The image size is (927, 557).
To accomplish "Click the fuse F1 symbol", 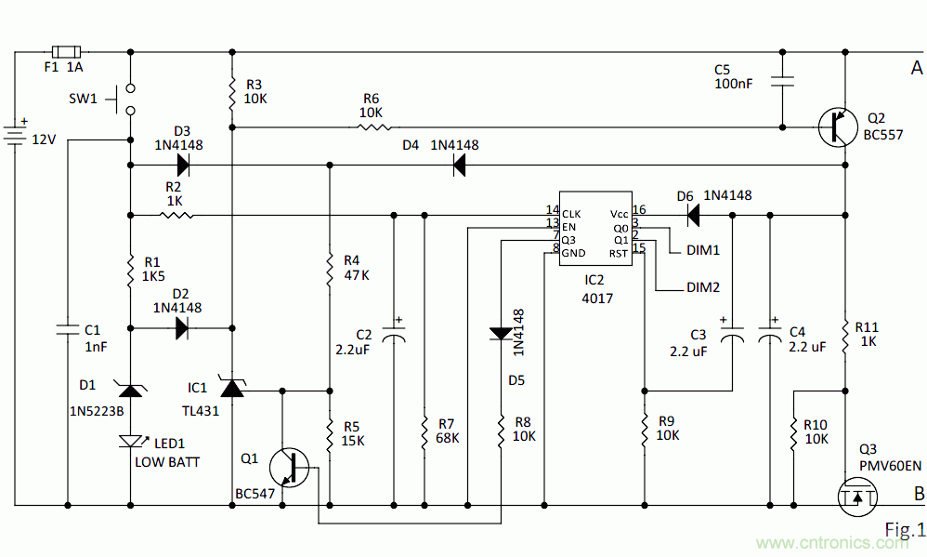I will (64, 52).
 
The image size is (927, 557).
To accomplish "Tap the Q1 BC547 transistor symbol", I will (291, 468).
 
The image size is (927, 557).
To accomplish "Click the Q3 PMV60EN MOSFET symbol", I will (855, 497).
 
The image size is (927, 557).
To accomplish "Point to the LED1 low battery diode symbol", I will (130, 440).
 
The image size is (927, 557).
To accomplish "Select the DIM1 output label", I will (703, 251).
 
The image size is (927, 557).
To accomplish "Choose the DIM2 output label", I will (703, 288).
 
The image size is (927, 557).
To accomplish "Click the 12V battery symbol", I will (16, 133).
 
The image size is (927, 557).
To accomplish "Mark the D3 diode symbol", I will (183, 166).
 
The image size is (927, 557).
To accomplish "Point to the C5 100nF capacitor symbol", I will (783, 82).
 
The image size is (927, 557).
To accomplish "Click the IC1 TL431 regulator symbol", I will (232, 390).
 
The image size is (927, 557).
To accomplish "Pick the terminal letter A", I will (916, 68).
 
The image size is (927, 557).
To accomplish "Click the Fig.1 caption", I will (904, 530).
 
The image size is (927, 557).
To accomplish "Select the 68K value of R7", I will (448, 437).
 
